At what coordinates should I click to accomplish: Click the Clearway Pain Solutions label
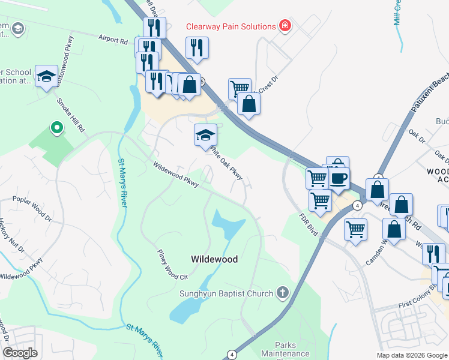(x=230, y=26)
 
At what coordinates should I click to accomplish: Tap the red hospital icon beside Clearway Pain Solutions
(x=285, y=26)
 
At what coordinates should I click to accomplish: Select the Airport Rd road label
(x=114, y=40)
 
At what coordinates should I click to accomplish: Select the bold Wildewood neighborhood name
(x=214, y=260)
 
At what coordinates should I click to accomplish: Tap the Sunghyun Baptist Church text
(x=226, y=293)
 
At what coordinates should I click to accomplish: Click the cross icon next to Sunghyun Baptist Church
(x=282, y=293)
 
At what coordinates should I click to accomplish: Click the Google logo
(x=19, y=352)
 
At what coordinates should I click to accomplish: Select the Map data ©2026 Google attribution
(x=412, y=355)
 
